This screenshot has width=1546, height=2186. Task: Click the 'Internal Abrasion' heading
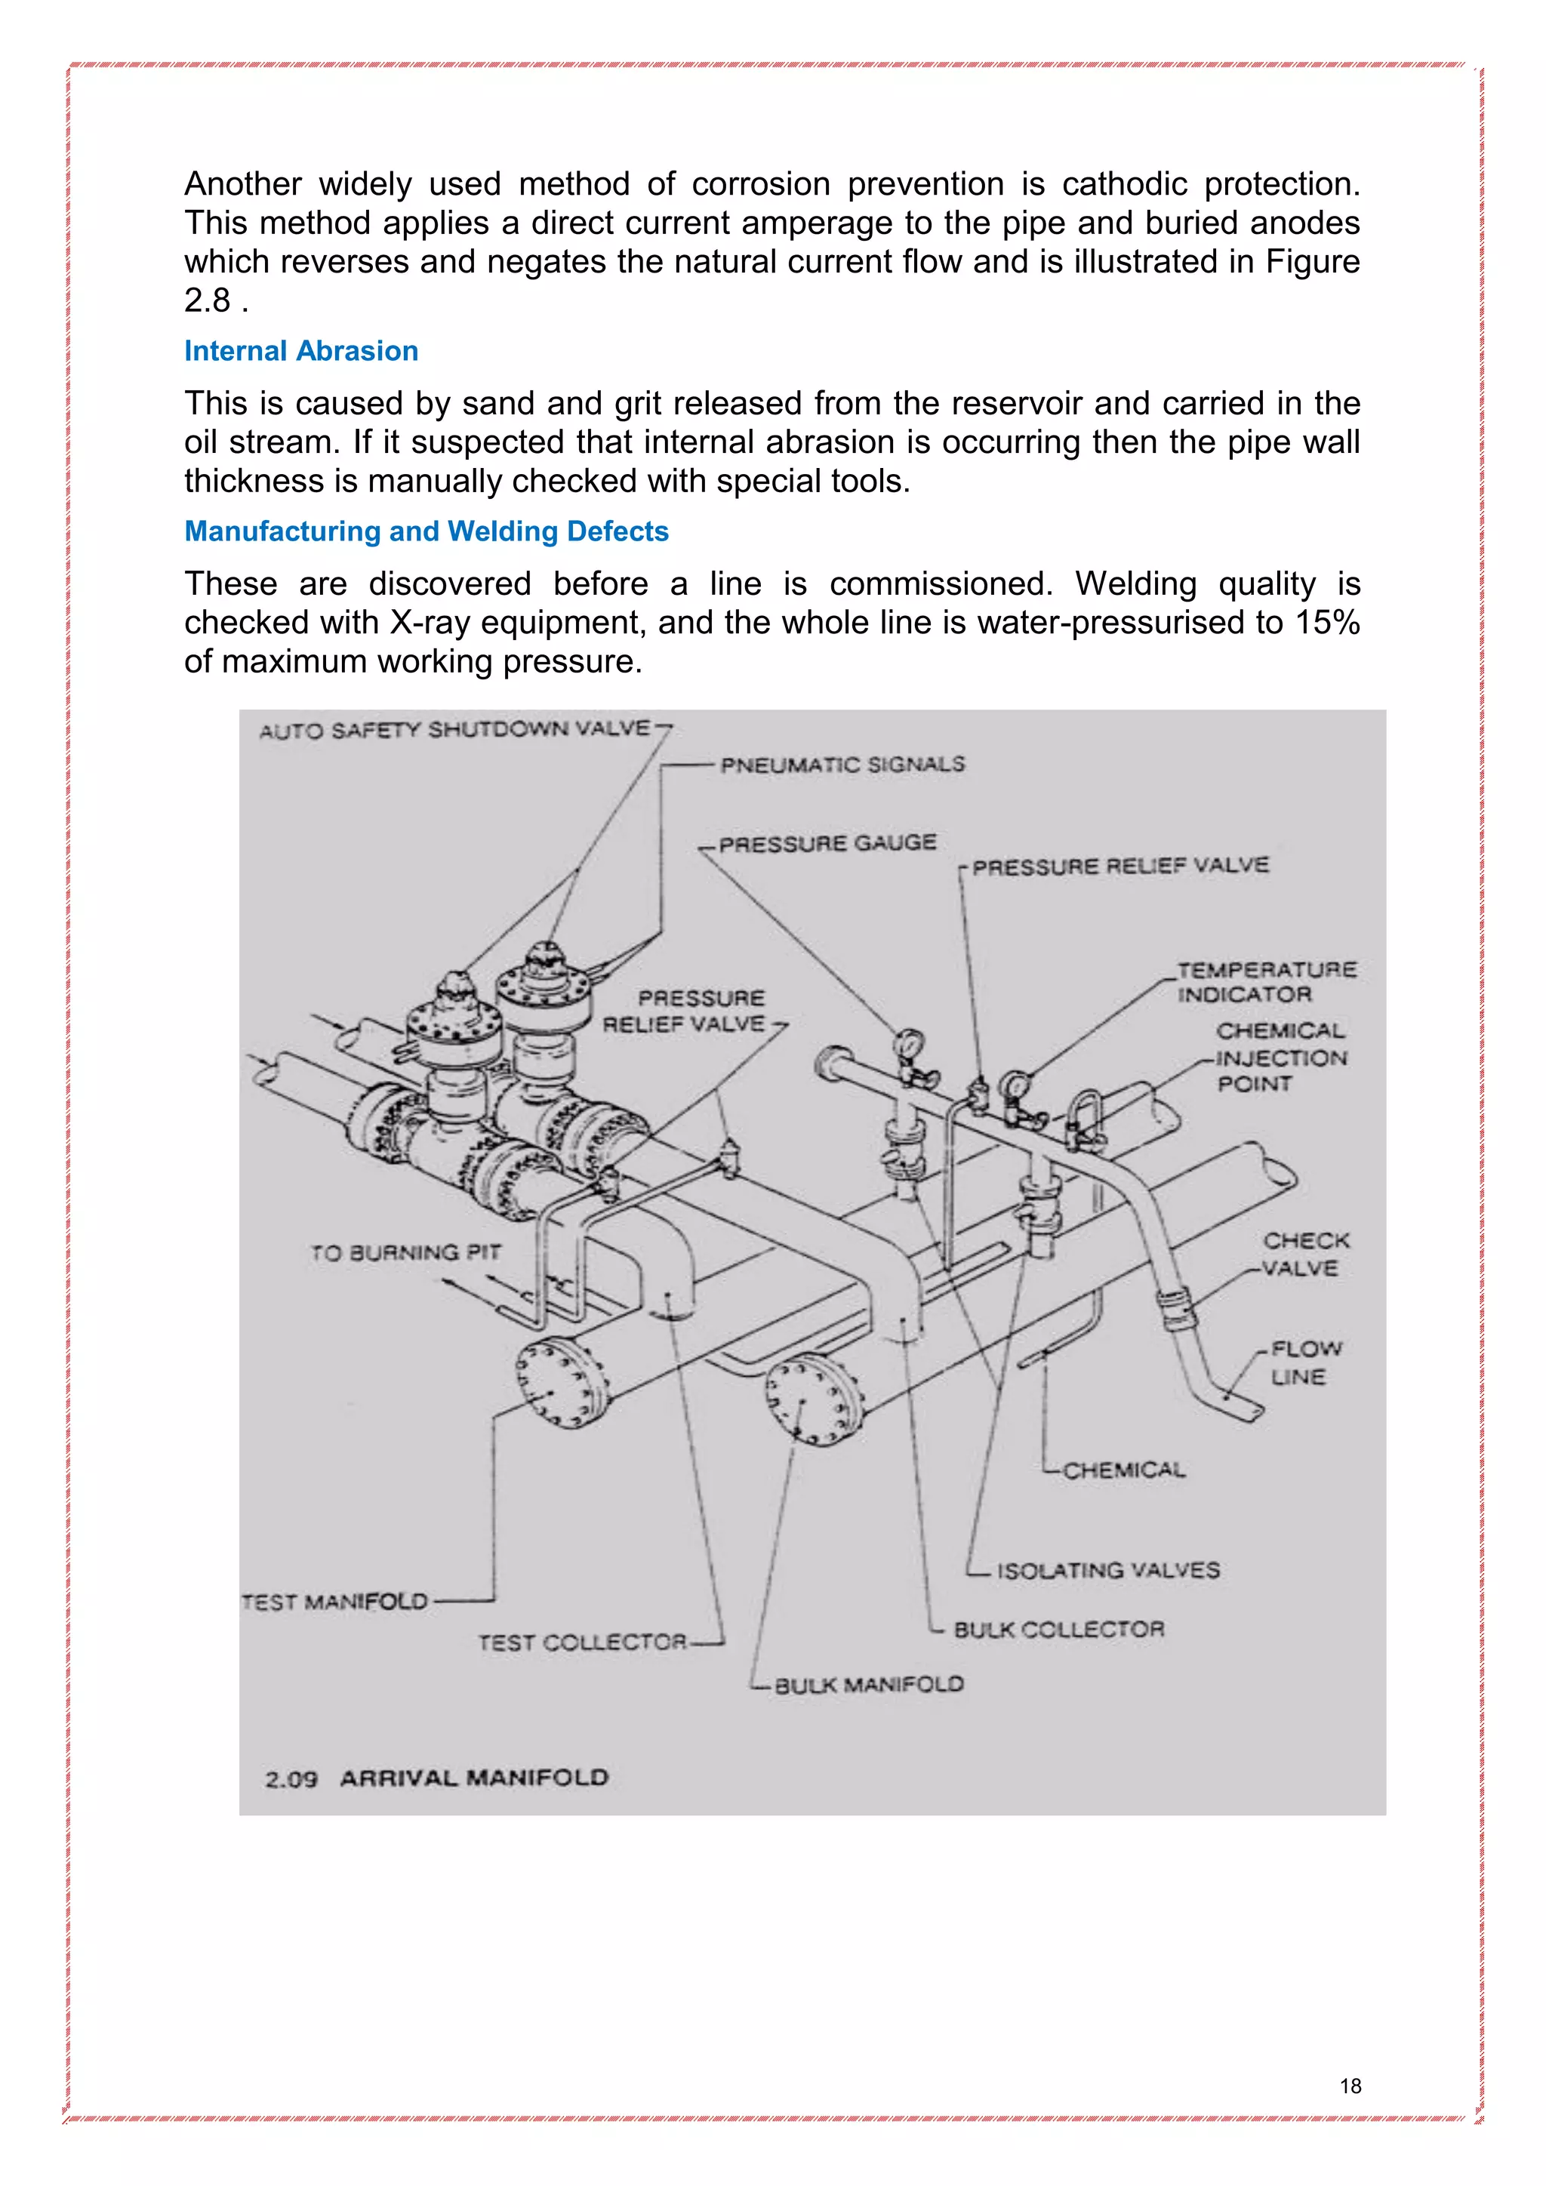coord(301,351)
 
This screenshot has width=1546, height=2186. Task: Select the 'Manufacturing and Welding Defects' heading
coord(426,531)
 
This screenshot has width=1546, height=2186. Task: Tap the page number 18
coord(1350,2086)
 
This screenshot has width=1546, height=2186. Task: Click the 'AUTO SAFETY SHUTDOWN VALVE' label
coord(454,730)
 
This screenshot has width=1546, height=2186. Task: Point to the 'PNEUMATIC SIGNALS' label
coord(842,765)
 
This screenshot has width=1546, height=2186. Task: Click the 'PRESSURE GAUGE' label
coord(827,844)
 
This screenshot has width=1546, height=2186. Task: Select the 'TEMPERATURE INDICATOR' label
coord(1265,981)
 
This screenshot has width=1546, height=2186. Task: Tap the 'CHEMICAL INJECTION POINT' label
coord(1280,1057)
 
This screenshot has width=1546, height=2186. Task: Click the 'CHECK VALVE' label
coord(1304,1254)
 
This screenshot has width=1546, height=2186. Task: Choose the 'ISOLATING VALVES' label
coord(1107,1570)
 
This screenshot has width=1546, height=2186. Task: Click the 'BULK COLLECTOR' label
coord(1058,1629)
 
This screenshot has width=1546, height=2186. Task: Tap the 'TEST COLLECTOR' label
coord(582,1643)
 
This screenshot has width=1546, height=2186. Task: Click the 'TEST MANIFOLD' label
coord(335,1602)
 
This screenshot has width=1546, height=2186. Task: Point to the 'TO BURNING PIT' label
coord(405,1252)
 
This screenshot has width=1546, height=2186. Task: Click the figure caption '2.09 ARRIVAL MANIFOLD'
coord(436,1778)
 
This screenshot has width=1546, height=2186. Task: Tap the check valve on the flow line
coord(1177,1308)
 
